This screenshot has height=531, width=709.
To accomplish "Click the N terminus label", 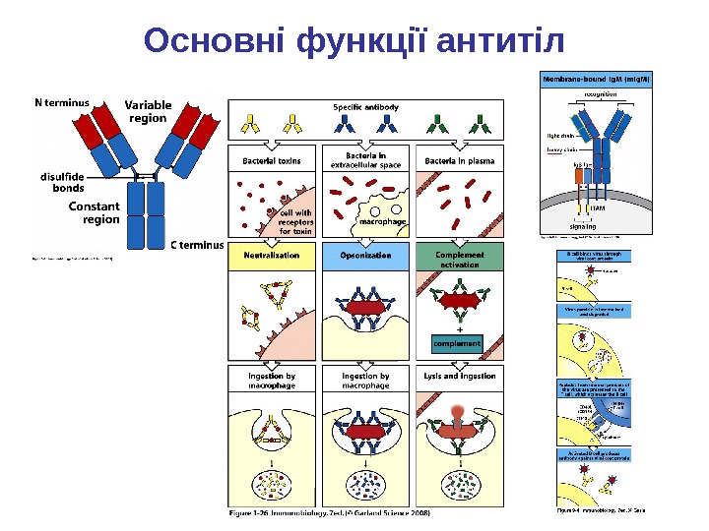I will click(x=62, y=100).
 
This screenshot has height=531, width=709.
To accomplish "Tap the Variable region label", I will click(x=148, y=111).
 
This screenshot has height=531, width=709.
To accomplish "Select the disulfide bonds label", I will click(x=62, y=182).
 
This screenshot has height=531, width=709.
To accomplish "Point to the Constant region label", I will click(x=95, y=212).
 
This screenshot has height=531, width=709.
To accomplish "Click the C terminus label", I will click(x=198, y=245).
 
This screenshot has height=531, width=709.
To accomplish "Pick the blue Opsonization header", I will click(x=365, y=255).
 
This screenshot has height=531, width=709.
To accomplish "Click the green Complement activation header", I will click(x=460, y=259).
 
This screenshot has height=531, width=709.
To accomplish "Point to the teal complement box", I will click(x=458, y=344).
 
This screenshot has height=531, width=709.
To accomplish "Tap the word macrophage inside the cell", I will click(x=383, y=223).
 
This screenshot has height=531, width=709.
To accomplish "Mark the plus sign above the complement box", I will click(x=459, y=328).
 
